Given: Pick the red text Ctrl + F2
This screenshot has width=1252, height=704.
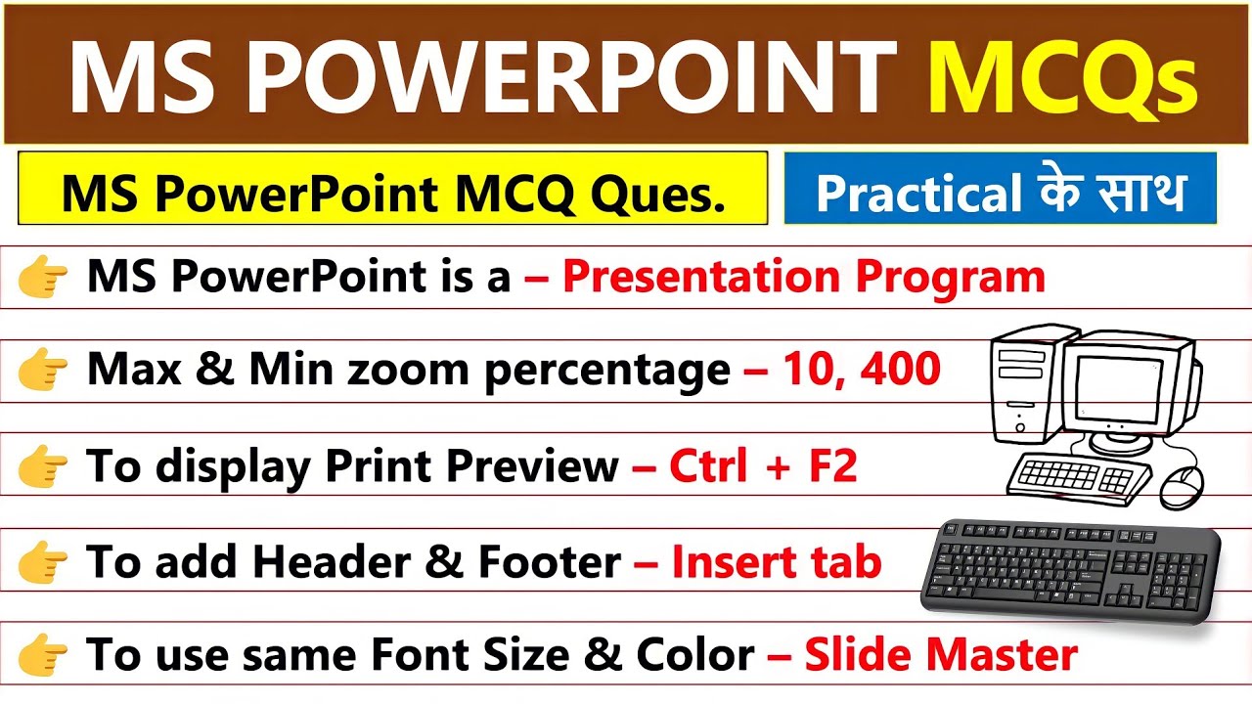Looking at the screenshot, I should [x=762, y=466].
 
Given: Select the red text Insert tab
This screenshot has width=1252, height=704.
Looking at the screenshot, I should [x=776, y=562].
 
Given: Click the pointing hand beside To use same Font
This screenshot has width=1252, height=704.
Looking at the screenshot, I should [x=43, y=655].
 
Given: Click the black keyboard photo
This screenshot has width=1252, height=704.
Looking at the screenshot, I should [x=1071, y=567].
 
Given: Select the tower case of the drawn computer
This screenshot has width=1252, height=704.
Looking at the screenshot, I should [x=1023, y=391].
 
